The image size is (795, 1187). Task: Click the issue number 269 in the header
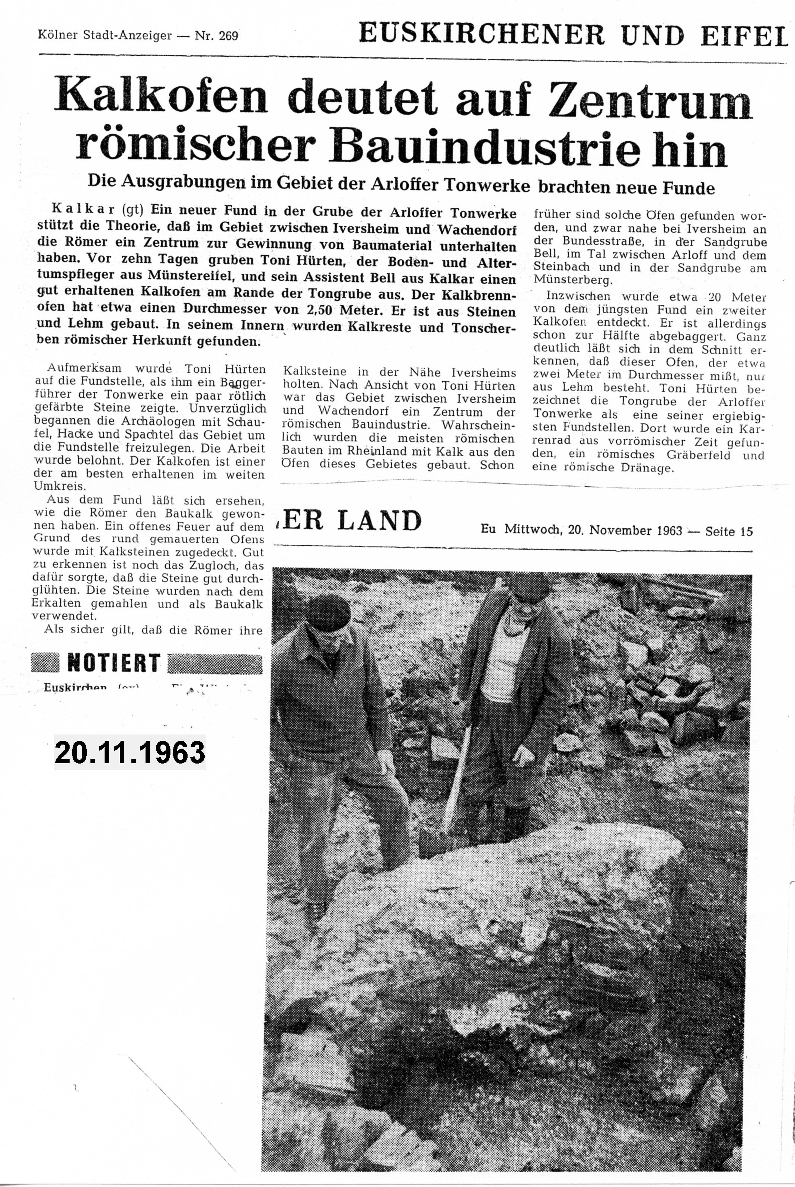(228, 36)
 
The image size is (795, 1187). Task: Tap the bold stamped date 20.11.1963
(130, 753)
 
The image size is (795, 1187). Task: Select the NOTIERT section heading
(114, 663)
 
